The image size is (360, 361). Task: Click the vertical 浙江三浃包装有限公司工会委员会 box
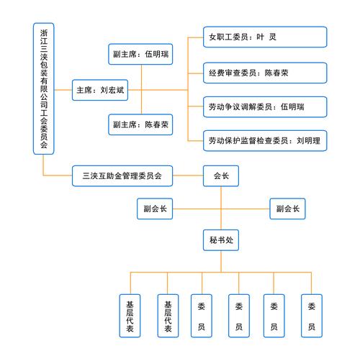[x=45, y=88]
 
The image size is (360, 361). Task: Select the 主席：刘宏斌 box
[x=101, y=91]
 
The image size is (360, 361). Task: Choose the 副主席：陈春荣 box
[x=140, y=124]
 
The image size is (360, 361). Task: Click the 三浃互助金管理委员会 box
[x=122, y=175]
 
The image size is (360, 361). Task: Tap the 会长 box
[x=221, y=175]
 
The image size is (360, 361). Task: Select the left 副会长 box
[x=155, y=209]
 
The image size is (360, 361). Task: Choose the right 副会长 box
[x=287, y=209]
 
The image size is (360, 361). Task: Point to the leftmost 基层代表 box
[x=130, y=315]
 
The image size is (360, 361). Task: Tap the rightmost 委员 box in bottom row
[x=311, y=315]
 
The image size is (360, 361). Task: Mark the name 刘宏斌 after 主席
[x=112, y=91]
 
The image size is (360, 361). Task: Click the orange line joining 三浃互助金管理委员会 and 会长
[x=188, y=175]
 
